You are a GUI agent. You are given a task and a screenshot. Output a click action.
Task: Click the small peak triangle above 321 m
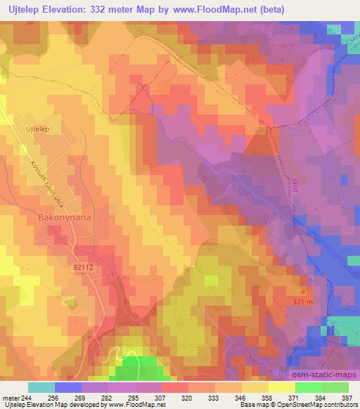pos(304,290)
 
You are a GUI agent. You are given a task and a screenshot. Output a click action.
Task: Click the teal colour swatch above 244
pos(41,387)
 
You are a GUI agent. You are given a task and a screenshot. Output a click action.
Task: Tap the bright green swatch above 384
pos(309,387)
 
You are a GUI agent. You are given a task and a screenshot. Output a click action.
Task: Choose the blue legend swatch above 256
pos(68,387)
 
